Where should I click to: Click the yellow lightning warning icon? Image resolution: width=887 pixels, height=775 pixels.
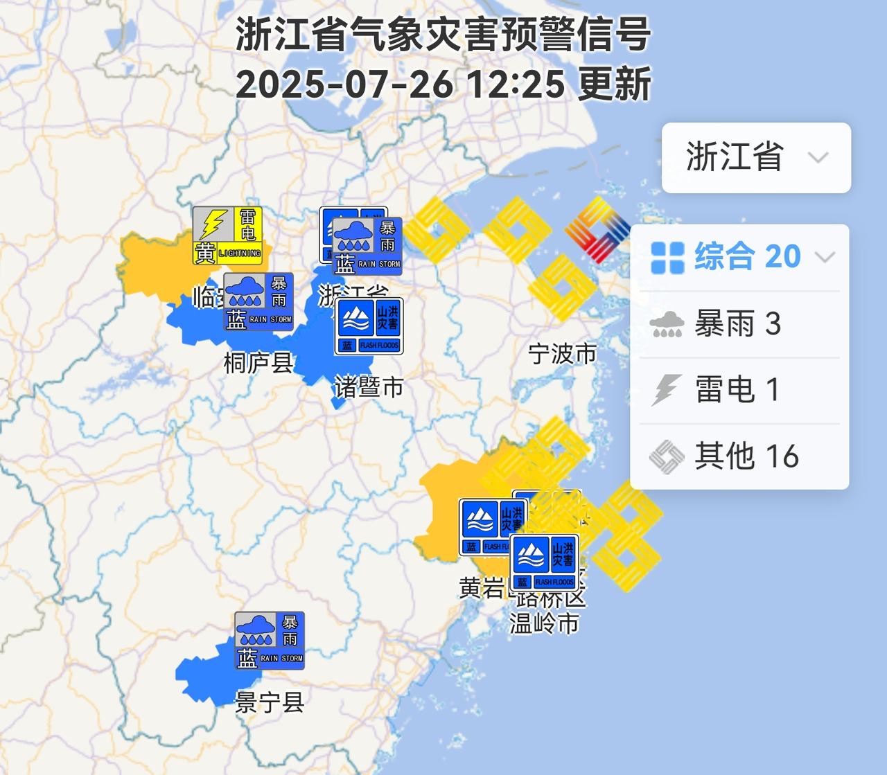tap(227, 235)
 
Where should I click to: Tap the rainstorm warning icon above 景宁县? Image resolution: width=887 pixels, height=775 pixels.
tap(270, 641)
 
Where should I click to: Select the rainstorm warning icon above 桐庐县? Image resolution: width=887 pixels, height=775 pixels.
tap(258, 301)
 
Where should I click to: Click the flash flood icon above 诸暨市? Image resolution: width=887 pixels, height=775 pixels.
tap(369, 326)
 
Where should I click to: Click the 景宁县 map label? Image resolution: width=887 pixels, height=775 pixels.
tap(270, 703)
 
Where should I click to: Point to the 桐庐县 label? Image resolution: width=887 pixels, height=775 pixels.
tap(258, 362)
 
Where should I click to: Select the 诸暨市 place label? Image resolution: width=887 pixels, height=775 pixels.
tap(369, 386)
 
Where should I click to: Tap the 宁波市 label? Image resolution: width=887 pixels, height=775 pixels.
tap(562, 354)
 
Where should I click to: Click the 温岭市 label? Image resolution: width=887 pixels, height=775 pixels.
tap(544, 623)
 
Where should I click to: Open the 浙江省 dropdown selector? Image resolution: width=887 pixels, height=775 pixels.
tap(755, 157)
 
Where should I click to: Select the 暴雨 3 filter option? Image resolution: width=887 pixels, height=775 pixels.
tap(739, 323)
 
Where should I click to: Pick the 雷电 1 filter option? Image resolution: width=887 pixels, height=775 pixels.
tap(739, 389)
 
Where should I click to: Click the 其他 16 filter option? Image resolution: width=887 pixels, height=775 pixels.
tap(739, 456)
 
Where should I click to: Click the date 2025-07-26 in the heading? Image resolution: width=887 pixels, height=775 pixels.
tap(344, 84)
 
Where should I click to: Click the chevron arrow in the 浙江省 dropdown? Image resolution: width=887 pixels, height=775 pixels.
tap(818, 157)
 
